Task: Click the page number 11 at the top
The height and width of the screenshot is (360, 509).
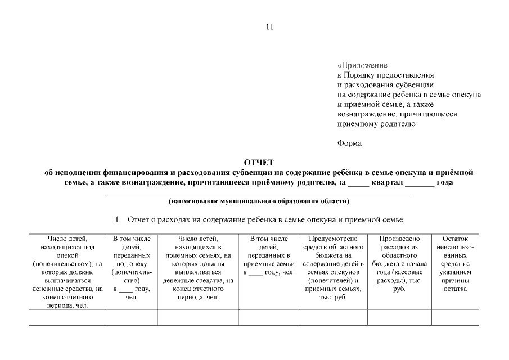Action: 269,26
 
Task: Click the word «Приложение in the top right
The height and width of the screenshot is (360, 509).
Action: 362,65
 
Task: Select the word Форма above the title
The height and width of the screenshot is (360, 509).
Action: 349,143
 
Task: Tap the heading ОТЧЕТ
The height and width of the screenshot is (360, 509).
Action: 259,163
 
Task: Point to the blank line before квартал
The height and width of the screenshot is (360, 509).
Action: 359,184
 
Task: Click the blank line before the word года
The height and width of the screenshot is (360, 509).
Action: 420,184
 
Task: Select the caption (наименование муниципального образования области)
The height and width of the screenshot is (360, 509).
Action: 259,201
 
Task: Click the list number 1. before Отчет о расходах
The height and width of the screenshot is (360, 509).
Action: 119,219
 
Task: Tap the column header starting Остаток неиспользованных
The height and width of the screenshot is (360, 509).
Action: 455,264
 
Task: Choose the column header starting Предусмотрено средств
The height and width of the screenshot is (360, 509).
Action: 332,268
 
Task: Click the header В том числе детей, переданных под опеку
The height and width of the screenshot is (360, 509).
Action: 131,264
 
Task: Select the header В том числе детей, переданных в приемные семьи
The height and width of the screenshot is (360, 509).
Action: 268,255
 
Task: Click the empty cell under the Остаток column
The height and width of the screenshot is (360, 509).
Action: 455,317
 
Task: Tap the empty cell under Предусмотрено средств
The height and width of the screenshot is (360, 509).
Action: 332,317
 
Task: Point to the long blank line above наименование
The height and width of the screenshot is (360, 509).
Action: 259,195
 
